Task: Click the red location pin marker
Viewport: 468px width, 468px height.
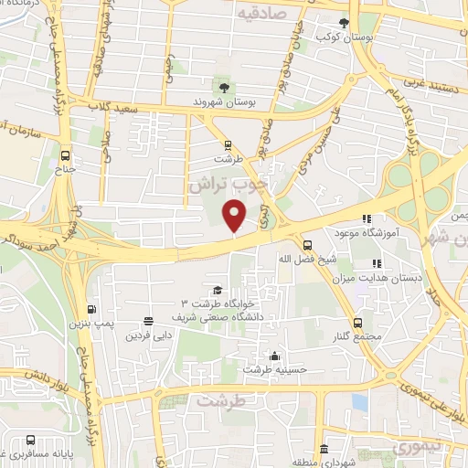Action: pyautogui.click(x=235, y=215)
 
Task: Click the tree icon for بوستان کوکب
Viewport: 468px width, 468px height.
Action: pyautogui.click(x=345, y=24)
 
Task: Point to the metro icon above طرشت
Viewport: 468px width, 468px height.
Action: pyautogui.click(x=228, y=144)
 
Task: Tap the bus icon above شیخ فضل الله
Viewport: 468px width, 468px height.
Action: pyautogui.click(x=307, y=244)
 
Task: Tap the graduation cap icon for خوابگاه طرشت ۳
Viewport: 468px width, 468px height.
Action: pyautogui.click(x=217, y=290)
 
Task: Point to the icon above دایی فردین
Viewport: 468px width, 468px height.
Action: pyautogui.click(x=148, y=321)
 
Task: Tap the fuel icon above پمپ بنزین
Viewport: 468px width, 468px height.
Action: pyautogui.click(x=90, y=309)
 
